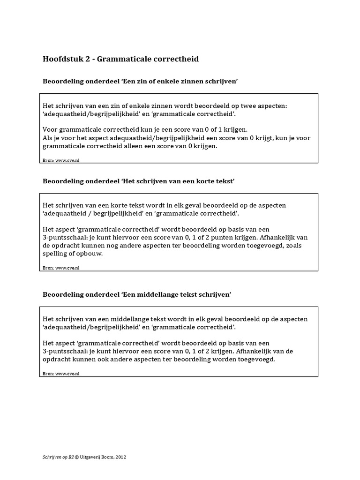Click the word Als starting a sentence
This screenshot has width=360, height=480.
coord(48,138)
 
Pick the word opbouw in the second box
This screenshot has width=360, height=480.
coord(89,254)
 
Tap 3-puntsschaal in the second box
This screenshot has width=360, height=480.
coord(65,238)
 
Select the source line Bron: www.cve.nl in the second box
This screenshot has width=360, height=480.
coord(61,268)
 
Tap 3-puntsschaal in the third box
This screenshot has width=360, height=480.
coord(65,351)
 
